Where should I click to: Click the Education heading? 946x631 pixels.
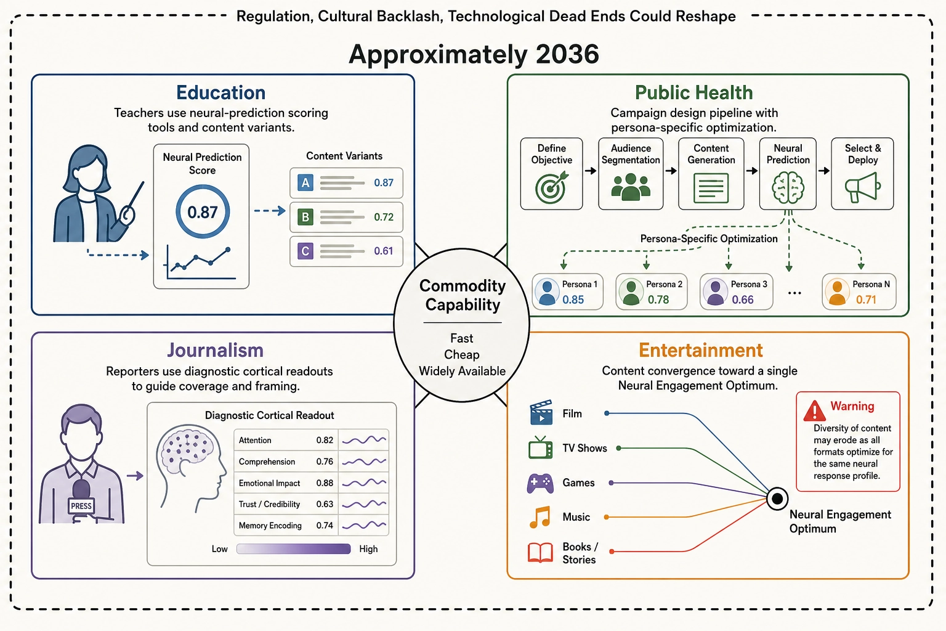click(x=221, y=92)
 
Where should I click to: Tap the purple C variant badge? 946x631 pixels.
click(x=305, y=251)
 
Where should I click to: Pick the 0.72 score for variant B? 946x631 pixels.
click(x=384, y=217)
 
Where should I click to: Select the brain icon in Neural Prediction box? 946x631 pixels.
click(x=788, y=188)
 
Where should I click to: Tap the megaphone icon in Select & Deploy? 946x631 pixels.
click(x=862, y=187)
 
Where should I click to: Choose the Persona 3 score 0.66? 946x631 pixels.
click(x=743, y=299)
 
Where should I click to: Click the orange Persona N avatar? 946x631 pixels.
click(x=837, y=291)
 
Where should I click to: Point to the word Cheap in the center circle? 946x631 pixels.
click(x=461, y=354)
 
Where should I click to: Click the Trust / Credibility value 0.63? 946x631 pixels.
click(x=325, y=504)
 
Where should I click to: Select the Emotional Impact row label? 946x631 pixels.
click(x=269, y=483)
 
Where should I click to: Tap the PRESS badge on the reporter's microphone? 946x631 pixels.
click(x=81, y=506)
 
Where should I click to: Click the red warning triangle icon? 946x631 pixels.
click(x=814, y=411)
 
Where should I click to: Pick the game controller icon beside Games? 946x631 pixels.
click(x=540, y=483)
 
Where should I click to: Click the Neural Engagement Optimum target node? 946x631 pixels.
click(x=777, y=499)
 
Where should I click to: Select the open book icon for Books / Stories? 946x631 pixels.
click(x=540, y=552)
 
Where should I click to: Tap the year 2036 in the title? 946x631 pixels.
click(x=567, y=54)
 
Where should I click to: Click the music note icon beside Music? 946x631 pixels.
click(x=540, y=518)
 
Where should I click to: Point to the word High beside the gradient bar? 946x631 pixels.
click(x=368, y=549)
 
